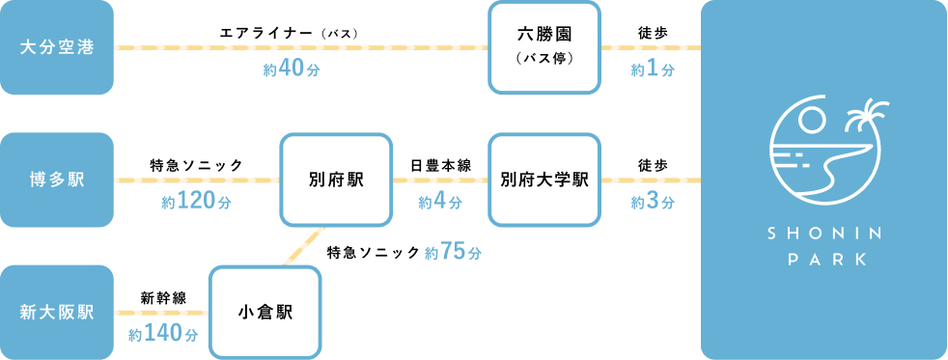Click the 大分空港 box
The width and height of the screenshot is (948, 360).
[57, 47]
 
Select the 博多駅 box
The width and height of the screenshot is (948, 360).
[57, 180]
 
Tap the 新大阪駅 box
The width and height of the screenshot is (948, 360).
[57, 312]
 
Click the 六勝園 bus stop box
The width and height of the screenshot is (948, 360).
[544, 47]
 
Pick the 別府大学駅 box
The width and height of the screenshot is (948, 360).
[544, 180]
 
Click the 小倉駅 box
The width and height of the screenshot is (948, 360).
[265, 312]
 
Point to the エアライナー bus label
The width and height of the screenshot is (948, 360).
[290, 33]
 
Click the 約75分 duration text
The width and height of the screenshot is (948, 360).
[453, 252]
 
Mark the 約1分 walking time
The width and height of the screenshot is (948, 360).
[653, 69]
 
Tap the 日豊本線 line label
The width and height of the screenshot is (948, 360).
[440, 165]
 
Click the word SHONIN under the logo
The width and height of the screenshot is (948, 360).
[823, 235]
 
